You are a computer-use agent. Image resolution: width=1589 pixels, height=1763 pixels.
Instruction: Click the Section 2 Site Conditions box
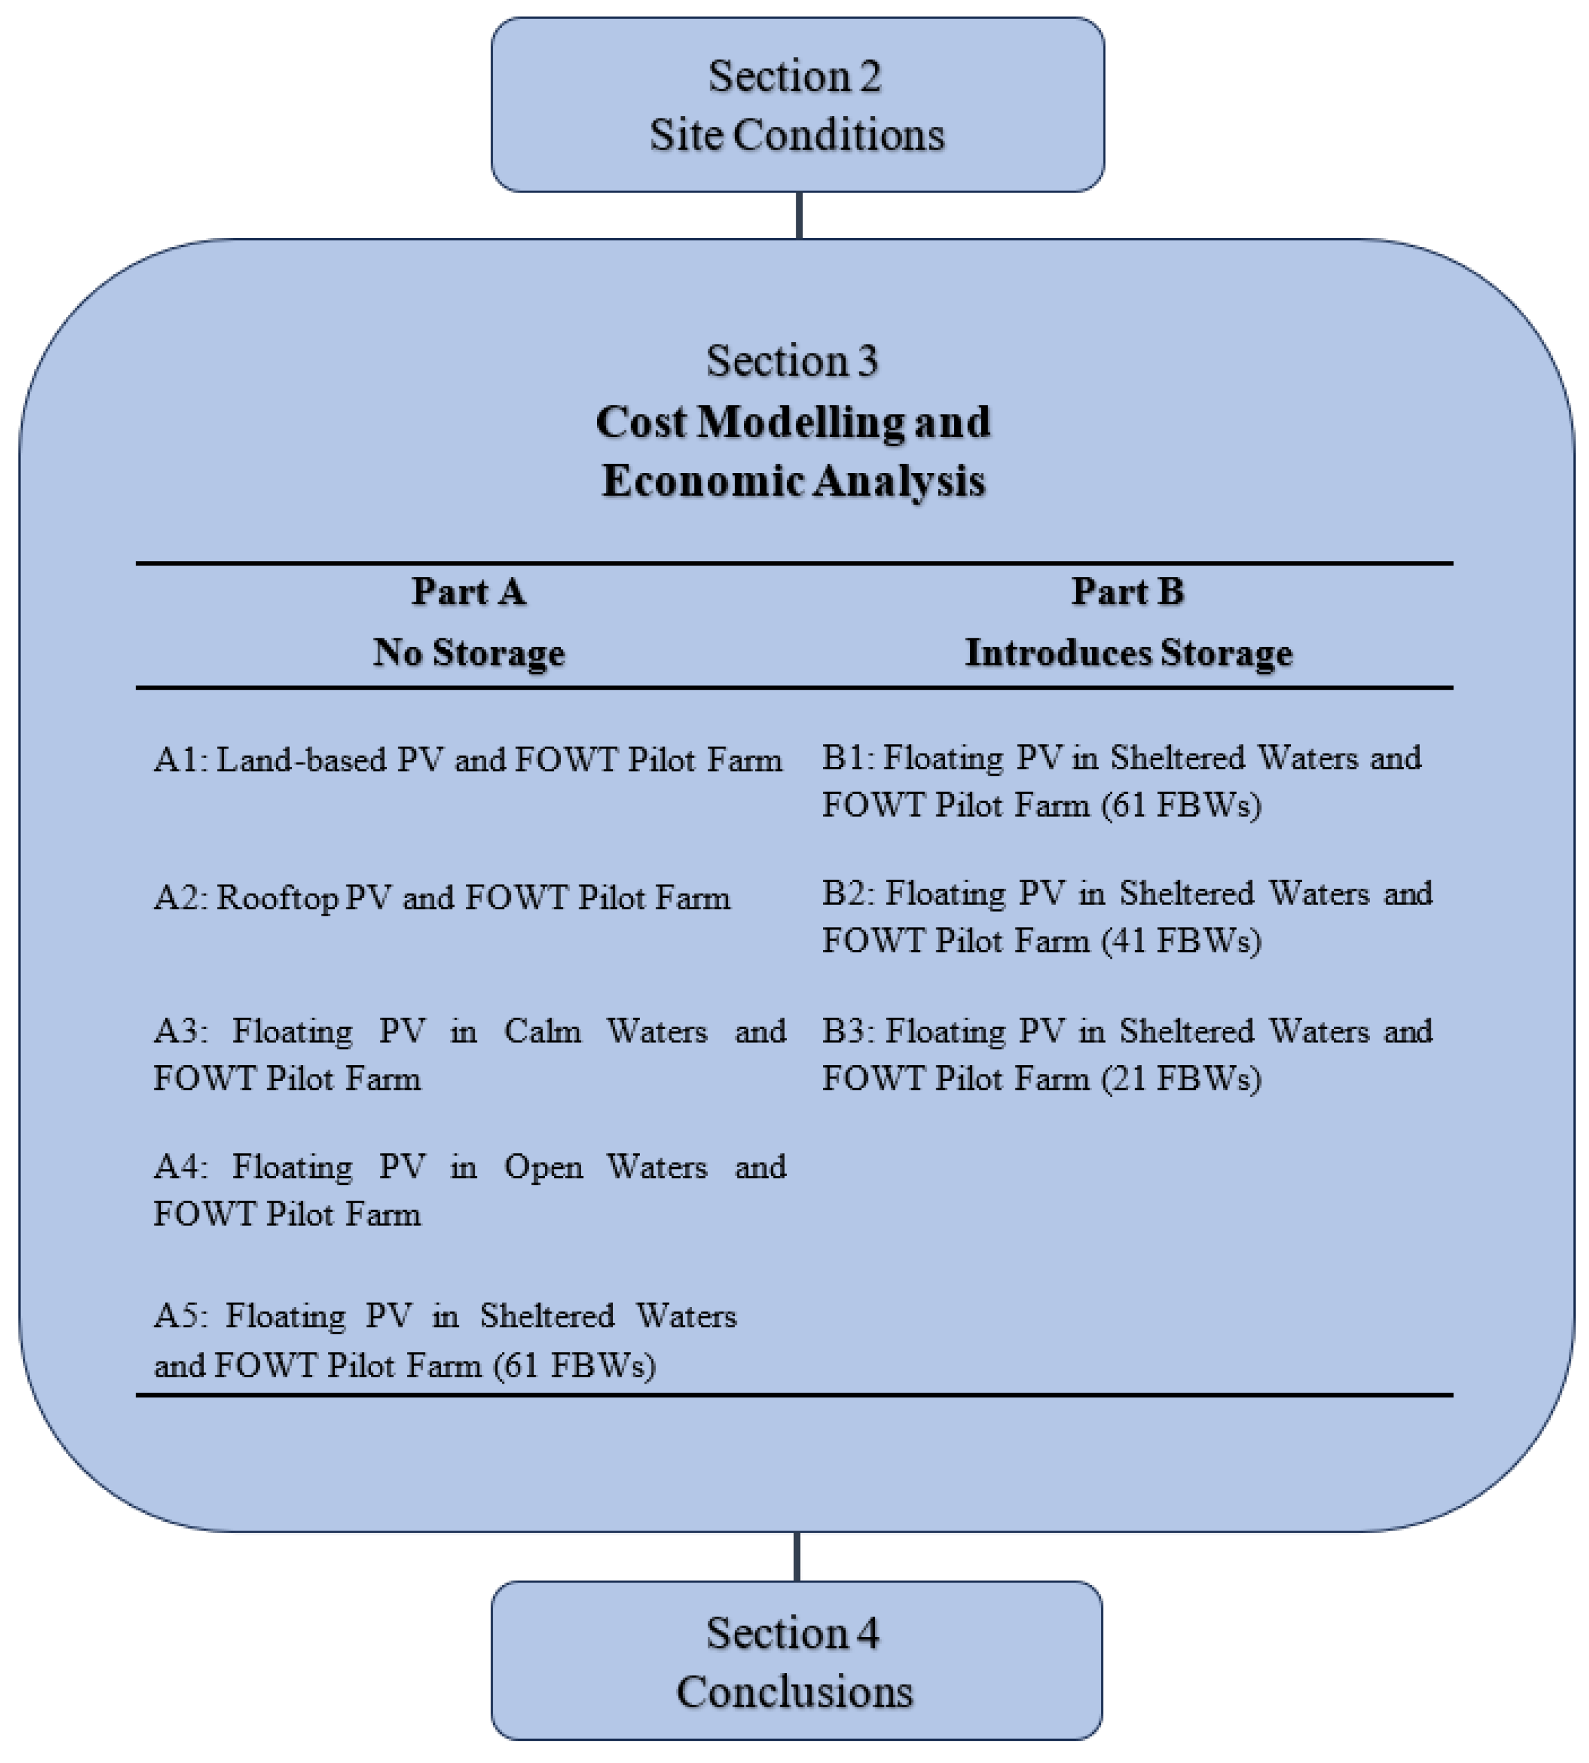click(797, 104)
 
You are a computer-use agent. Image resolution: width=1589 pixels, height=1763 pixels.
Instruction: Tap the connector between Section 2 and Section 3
click(799, 215)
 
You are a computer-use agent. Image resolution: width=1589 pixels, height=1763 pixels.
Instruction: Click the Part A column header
click(469, 592)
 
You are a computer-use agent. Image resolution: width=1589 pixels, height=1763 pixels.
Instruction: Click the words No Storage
click(469, 652)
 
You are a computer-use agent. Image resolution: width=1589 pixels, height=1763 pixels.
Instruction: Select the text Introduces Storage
click(1128, 652)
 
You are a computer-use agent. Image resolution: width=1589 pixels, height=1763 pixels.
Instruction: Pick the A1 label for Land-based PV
click(180, 760)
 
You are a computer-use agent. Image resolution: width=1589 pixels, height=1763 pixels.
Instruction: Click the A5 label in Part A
click(180, 1316)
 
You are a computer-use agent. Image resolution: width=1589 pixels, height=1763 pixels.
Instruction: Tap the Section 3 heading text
click(792, 360)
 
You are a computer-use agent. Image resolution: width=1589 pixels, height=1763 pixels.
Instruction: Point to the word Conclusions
click(794, 1691)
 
